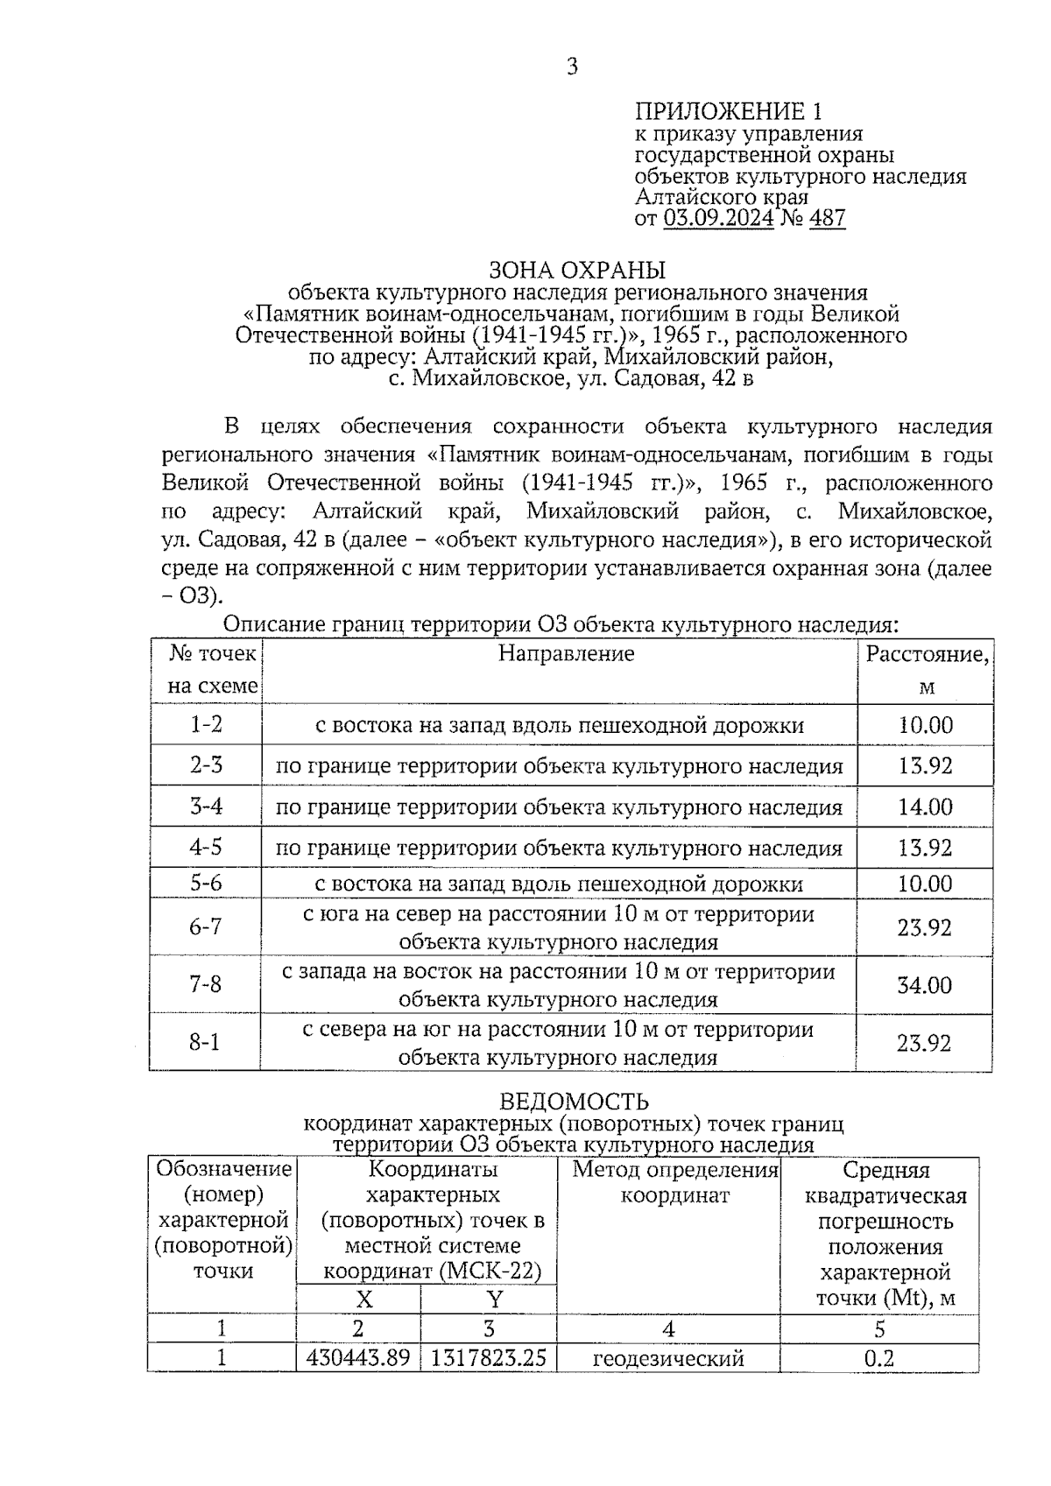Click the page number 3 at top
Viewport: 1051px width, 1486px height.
(572, 67)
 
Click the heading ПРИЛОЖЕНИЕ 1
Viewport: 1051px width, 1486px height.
(728, 111)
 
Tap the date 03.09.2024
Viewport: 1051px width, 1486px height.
(718, 218)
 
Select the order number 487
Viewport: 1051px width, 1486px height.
(828, 218)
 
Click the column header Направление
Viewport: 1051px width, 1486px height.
(566, 653)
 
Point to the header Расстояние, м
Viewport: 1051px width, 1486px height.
(927, 670)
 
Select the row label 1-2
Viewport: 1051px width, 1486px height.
(206, 724)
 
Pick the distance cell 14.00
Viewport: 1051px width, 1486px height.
(925, 806)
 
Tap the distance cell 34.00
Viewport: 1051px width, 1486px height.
(924, 985)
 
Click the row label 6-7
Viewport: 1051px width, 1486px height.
(206, 926)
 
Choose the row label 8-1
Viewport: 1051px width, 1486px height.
(204, 1042)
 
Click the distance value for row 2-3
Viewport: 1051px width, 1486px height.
(925, 766)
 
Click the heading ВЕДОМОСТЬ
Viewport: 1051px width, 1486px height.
(574, 1101)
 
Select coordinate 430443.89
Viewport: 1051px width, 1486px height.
(358, 1358)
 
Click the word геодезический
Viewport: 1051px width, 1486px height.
(668, 1358)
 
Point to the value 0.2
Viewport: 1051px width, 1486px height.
(879, 1358)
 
